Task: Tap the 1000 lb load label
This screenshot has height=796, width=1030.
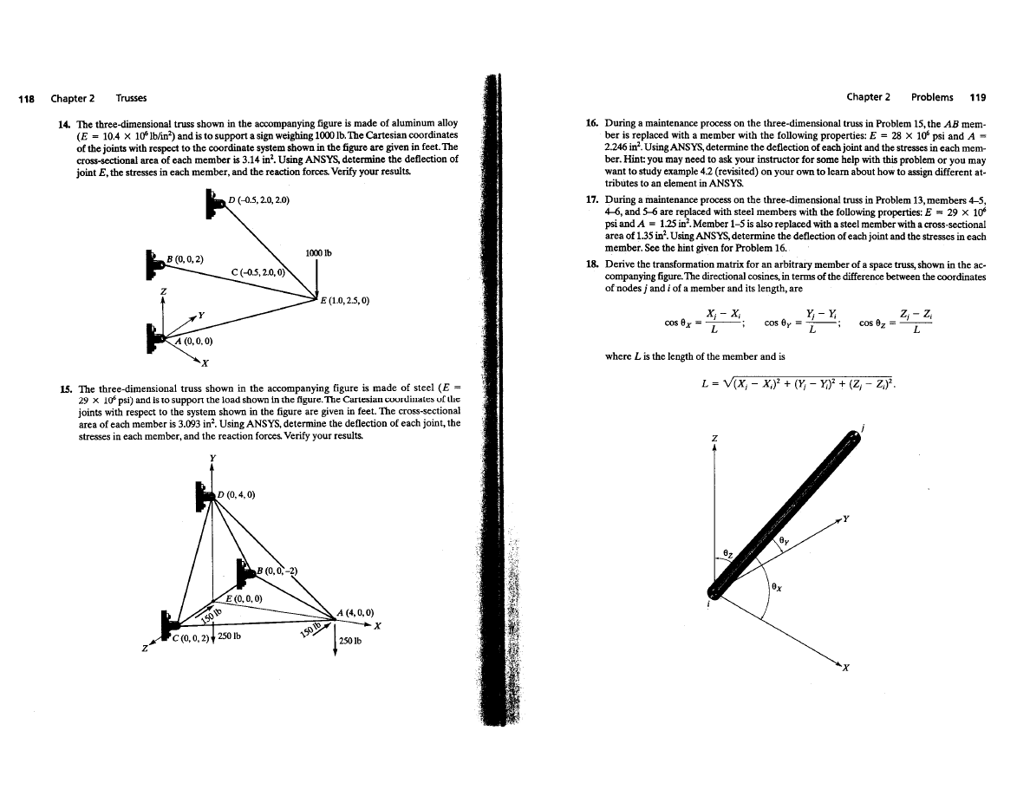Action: point(320,254)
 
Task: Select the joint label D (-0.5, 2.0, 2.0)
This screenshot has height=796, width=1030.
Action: point(257,201)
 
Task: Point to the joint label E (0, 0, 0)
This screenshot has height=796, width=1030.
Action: point(244,598)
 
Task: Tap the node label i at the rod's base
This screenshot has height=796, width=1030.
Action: point(709,606)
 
